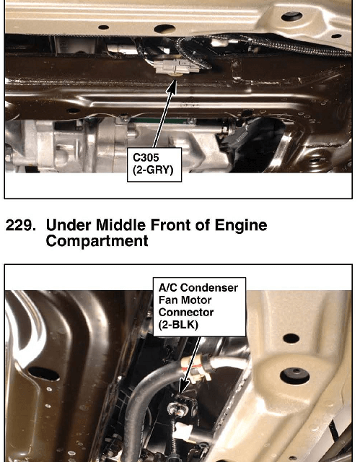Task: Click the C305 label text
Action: coord(146,157)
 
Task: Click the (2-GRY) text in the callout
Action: coord(153,170)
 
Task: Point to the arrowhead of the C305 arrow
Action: coord(173,84)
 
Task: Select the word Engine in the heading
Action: coord(240,226)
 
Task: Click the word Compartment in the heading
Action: coord(97,241)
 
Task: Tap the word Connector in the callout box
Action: coord(186,312)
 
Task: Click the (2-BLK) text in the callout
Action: coord(178,325)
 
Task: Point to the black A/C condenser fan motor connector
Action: coord(180,406)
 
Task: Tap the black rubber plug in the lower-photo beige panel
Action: coord(294,375)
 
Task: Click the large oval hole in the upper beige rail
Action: coord(164,29)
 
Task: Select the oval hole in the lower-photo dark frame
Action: coord(43,374)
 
